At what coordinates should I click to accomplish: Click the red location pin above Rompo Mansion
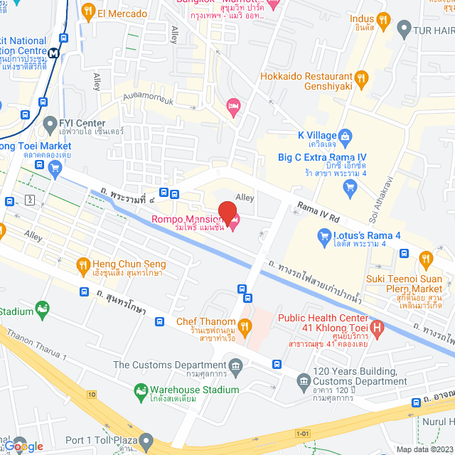(227, 212)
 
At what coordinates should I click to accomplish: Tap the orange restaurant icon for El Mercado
(88, 11)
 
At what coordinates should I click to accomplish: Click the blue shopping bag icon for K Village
(345, 134)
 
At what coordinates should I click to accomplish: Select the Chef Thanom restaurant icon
(245, 326)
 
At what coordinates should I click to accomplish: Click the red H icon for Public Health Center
(378, 328)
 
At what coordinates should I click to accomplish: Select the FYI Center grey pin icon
(50, 127)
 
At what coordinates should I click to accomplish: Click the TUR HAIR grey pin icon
(404, 30)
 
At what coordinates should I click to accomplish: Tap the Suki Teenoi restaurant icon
(426, 259)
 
